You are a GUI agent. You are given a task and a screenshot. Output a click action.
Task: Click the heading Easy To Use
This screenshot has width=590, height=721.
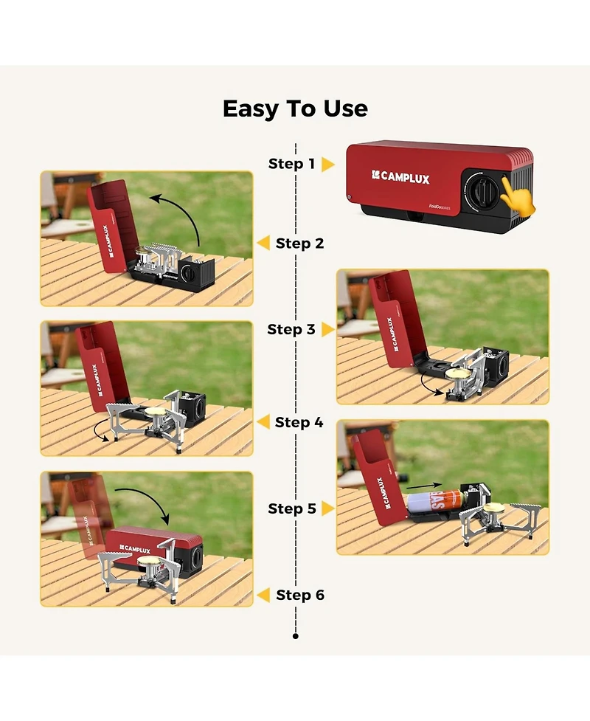click(295, 109)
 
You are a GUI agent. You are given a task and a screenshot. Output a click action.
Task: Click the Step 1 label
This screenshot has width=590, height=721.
click(292, 164)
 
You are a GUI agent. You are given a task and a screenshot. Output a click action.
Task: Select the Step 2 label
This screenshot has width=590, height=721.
click(299, 244)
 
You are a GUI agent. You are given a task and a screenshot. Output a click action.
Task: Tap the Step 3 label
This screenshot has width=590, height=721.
click(291, 329)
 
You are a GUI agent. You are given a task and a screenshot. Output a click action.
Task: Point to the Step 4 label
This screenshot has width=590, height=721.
click(299, 422)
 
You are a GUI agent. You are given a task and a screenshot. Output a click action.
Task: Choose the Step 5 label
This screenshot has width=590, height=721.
click(292, 508)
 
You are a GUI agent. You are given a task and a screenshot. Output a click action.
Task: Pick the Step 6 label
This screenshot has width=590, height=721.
click(300, 595)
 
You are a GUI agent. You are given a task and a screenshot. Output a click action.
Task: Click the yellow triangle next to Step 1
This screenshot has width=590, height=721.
click(327, 164)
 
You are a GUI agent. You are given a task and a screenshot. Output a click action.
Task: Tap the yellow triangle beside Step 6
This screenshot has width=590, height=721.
click(263, 595)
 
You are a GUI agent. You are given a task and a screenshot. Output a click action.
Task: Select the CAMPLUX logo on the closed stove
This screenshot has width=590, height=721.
click(400, 177)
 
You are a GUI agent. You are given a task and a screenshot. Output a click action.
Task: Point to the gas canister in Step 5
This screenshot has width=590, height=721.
click(435, 503)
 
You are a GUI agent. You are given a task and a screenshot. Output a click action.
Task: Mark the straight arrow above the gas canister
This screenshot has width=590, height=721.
click(424, 485)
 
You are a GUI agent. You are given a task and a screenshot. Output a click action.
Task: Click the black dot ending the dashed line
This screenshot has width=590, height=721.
click(296, 636)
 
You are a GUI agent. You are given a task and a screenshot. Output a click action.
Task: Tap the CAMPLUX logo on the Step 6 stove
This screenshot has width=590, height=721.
click(135, 549)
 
